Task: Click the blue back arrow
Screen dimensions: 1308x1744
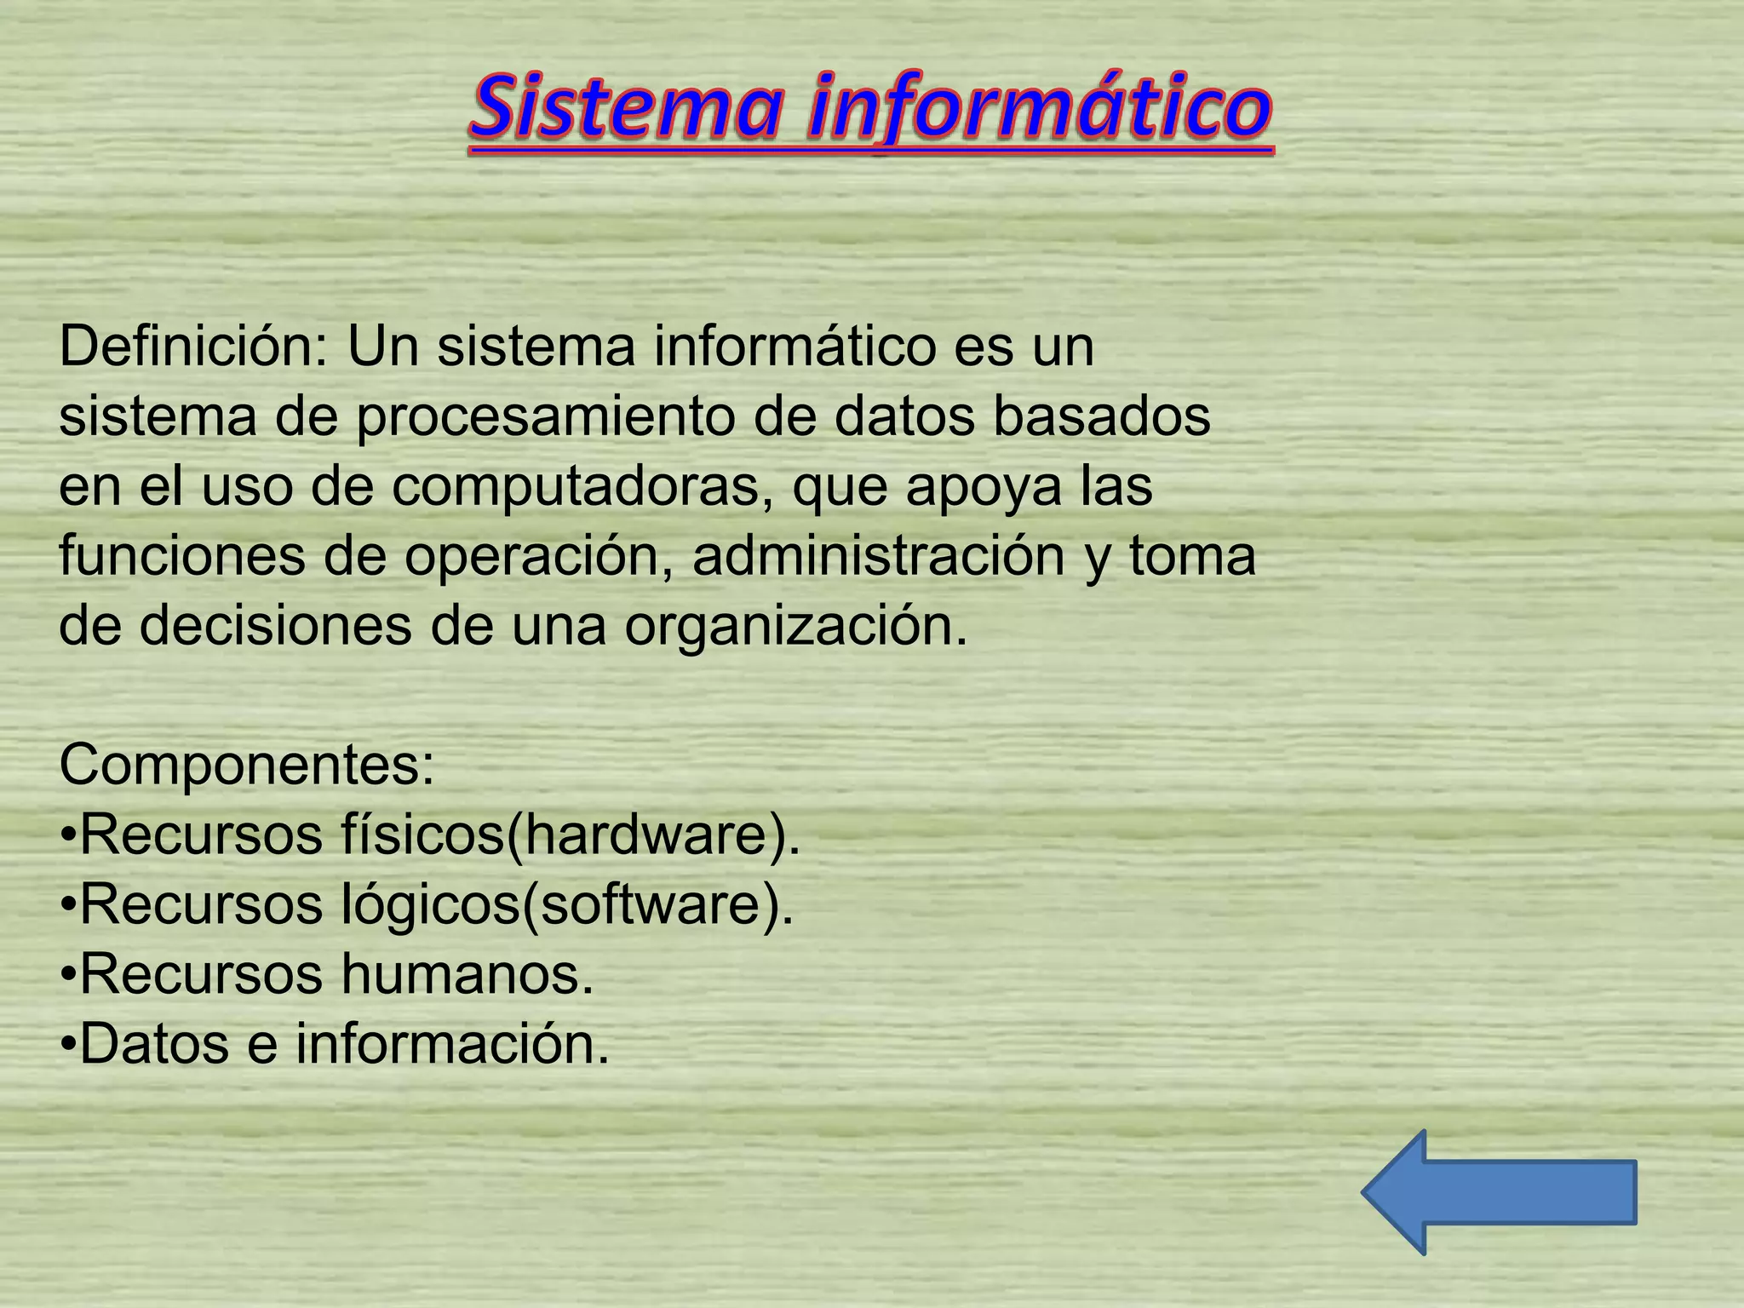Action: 1499,1192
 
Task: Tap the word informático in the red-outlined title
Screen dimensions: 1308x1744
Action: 1039,109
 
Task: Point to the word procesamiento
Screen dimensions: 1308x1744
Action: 545,417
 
